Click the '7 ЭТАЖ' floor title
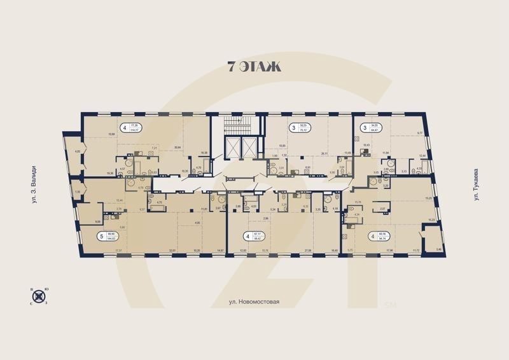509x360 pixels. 254,66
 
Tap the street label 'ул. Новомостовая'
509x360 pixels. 254,303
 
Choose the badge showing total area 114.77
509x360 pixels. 125,127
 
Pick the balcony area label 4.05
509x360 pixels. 77,151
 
